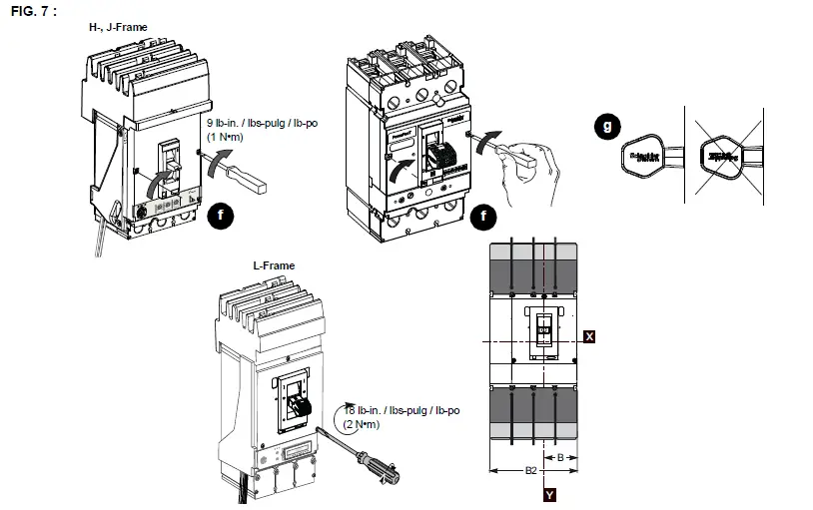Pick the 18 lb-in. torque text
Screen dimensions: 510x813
[402, 410]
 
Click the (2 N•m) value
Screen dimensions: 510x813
[362, 424]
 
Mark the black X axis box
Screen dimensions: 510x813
[589, 337]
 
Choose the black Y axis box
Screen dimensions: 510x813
[548, 493]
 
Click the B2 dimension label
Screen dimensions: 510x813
[531, 470]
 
